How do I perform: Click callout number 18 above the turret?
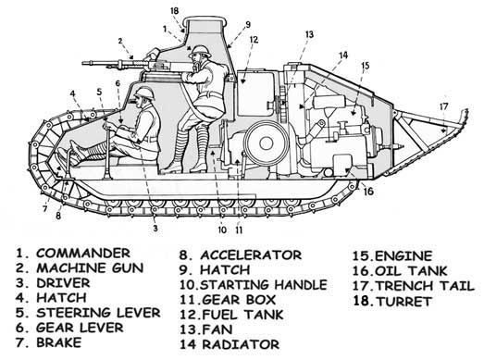tap(174, 11)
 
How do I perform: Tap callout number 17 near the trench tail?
tap(443, 106)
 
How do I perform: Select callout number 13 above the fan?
tap(309, 34)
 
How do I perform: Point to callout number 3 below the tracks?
tap(155, 229)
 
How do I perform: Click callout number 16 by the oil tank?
tap(368, 192)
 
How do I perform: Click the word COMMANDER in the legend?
tap(83, 254)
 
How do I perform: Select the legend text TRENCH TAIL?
tap(426, 286)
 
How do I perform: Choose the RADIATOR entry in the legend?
tap(241, 344)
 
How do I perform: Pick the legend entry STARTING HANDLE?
tap(264, 285)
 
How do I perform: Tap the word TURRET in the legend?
tap(403, 302)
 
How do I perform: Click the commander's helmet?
tap(200, 51)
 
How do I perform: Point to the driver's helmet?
tap(143, 93)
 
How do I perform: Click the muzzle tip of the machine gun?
tap(82, 63)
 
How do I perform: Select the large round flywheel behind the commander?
tap(267, 143)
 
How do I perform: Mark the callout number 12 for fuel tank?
tap(254, 40)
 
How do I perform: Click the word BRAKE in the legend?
tap(59, 342)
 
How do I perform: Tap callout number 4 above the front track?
tap(72, 93)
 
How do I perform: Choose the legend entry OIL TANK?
tap(411, 271)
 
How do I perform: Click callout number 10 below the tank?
tap(222, 230)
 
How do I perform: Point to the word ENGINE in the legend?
tap(403, 256)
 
